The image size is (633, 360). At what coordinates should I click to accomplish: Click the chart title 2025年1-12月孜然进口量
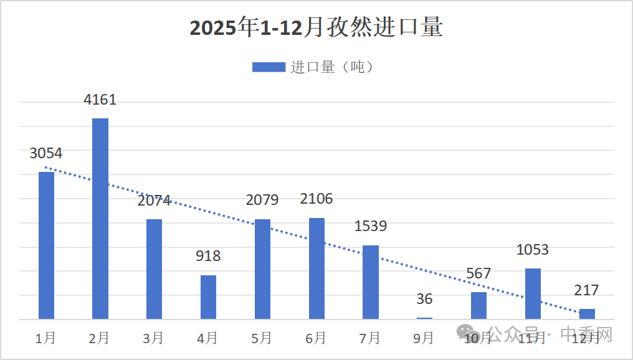[316, 29]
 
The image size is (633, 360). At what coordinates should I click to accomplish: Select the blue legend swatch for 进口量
[269, 67]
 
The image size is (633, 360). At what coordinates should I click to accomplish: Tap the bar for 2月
[100, 219]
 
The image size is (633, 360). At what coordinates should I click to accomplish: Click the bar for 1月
[47, 245]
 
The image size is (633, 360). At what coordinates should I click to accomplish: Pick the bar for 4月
[208, 297]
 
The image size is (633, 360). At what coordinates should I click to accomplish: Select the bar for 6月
[316, 268]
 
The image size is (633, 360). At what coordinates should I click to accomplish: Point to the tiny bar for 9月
[424, 318]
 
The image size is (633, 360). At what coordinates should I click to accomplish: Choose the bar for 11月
[533, 293]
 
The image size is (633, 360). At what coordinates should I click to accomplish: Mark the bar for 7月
[371, 282]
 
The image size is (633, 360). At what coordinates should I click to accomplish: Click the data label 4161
[100, 100]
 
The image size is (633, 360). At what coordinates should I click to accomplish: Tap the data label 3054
[46, 153]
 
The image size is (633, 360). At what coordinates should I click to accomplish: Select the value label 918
[208, 256]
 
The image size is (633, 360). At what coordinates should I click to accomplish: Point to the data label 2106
[316, 199]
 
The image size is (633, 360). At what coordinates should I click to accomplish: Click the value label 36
[424, 299]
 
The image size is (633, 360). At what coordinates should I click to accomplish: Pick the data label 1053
[533, 250]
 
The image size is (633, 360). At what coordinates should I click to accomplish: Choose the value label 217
[586, 290]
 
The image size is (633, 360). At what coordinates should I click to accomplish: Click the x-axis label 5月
[262, 338]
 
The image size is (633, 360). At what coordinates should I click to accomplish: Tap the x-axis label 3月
[153, 338]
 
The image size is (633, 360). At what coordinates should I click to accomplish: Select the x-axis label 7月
[370, 338]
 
